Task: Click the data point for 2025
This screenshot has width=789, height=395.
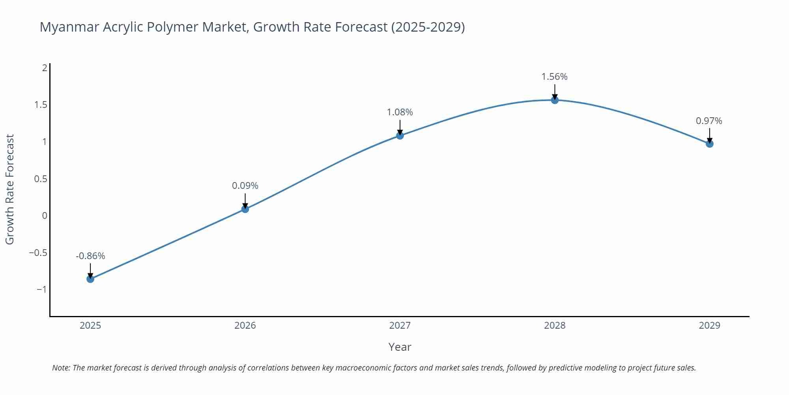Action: point(90,279)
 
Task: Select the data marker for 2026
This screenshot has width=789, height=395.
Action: point(245,209)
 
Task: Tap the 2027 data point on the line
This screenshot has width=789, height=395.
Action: point(400,135)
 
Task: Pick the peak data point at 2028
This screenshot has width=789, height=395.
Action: point(555,100)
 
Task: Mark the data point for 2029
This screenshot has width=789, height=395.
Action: point(709,144)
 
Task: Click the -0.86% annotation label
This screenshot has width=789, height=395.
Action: point(90,256)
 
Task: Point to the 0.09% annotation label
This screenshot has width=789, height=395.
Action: point(245,186)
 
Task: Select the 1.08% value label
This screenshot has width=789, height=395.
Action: point(400,112)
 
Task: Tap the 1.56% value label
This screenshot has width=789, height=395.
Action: point(554,77)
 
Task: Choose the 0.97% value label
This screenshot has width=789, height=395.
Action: point(709,121)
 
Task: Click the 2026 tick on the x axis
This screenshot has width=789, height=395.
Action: point(245,325)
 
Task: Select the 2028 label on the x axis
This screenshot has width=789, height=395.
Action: point(555,325)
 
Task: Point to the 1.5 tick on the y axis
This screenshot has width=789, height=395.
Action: point(41,105)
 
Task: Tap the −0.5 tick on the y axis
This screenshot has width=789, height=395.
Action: point(38,252)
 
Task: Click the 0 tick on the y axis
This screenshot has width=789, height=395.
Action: point(45,216)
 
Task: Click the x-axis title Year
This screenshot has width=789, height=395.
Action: point(400,347)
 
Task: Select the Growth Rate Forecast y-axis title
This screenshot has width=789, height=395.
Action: point(9,189)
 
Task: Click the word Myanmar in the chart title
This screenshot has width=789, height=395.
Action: point(69,27)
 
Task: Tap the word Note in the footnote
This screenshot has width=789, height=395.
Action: point(60,368)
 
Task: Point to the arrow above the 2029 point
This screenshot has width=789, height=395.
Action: point(709,135)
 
